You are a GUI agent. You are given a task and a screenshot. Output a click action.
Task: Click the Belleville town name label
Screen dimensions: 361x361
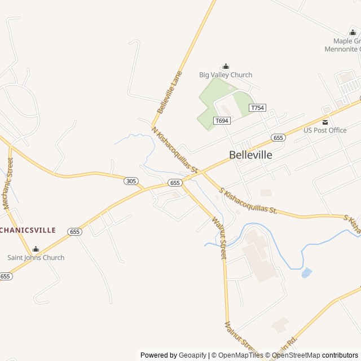[250, 155]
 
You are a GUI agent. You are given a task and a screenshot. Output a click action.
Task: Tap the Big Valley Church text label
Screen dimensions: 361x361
[226, 74]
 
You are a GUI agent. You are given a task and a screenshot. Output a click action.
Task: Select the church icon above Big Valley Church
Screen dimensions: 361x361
[226, 66]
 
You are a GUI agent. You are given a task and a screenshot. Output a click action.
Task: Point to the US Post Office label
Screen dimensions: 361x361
[325, 130]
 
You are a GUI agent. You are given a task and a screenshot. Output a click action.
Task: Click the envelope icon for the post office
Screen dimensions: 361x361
[325, 122]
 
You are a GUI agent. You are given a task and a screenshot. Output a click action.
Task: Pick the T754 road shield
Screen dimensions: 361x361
[257, 108]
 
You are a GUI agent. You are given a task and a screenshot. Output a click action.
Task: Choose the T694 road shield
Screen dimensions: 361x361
[222, 121]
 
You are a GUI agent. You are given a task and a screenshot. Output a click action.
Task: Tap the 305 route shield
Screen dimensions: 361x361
[131, 181]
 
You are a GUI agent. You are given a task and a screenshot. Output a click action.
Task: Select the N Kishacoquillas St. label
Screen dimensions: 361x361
[176, 149]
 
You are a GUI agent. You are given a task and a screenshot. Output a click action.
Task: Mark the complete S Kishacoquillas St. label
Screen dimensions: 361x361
[249, 201]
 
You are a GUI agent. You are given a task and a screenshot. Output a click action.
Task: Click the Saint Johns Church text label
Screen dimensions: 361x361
[36, 258]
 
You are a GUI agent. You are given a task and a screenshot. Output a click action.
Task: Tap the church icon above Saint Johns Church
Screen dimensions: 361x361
[36, 249]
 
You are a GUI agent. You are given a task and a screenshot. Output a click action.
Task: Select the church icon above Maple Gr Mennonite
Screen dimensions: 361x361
[353, 32]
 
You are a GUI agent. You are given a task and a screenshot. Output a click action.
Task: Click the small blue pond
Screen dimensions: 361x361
[306, 273]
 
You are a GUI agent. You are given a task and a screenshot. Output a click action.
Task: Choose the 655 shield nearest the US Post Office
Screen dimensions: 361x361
[278, 138]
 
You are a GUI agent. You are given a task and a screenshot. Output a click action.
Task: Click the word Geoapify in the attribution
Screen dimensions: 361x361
[192, 355]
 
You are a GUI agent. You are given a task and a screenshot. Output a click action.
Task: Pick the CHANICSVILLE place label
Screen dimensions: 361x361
[28, 230]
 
